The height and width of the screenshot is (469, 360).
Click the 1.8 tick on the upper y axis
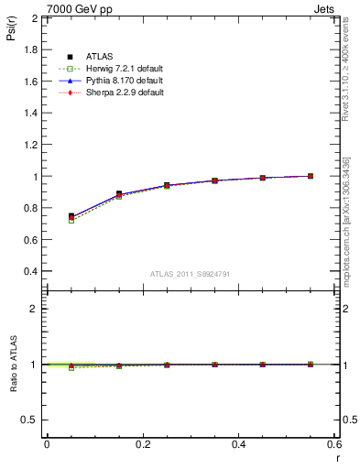32,49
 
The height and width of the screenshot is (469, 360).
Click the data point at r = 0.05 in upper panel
71,216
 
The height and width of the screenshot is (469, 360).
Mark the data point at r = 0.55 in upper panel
311,176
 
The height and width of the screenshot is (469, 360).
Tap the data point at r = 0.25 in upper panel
167,185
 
